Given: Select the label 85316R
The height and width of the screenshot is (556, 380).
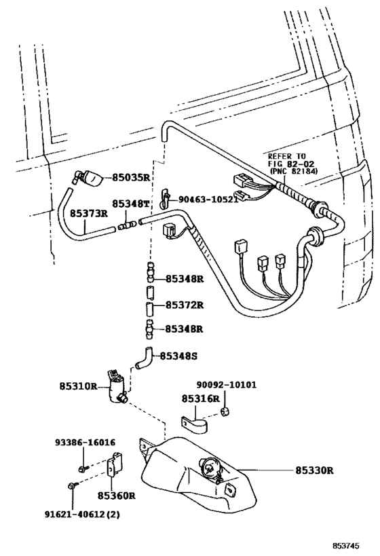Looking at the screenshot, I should pyautogui.click(x=202, y=399).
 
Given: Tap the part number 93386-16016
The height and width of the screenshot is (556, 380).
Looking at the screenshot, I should pyautogui.click(x=85, y=441).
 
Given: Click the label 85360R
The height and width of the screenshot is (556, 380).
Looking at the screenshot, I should pyautogui.click(x=116, y=496).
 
